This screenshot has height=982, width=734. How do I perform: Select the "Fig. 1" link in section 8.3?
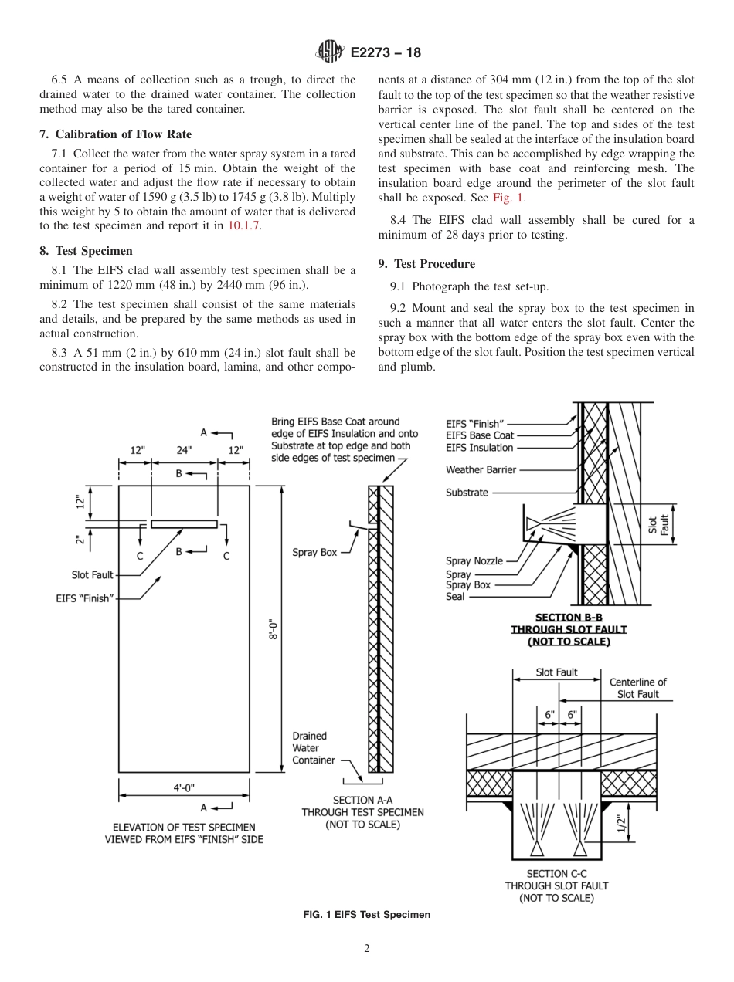[x=509, y=198]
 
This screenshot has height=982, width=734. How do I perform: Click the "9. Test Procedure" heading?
[x=426, y=264]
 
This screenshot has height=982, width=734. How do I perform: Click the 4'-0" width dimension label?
[x=184, y=787]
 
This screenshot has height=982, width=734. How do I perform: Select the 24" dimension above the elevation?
[x=184, y=449]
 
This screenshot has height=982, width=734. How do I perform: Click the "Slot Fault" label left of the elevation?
[x=93, y=575]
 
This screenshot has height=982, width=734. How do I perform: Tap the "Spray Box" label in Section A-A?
[x=314, y=552]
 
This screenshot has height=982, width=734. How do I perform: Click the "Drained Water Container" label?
[x=314, y=748]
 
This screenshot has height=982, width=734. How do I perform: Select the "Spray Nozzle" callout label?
[x=474, y=561]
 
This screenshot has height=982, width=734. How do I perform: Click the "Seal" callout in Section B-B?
[x=455, y=597]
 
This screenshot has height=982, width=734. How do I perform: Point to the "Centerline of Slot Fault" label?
[x=637, y=688]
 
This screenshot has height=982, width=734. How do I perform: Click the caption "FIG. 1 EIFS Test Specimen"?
[x=366, y=914]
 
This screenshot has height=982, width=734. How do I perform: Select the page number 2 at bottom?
[x=367, y=949]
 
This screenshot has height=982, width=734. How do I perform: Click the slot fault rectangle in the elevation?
[x=184, y=524]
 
